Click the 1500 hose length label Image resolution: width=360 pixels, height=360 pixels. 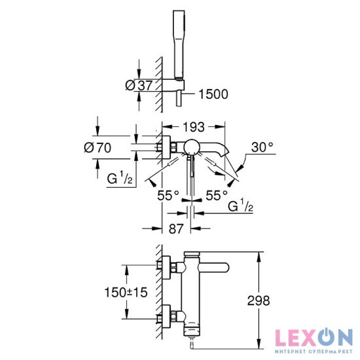tap(213, 94)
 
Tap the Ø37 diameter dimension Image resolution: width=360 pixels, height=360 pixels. tap(139, 85)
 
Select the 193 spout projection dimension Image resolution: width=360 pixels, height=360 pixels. tap(194, 127)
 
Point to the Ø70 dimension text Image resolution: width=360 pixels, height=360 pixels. tap(98, 147)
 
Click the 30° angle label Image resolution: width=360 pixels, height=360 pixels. tap(262, 147)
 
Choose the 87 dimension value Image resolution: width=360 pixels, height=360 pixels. tap(176, 228)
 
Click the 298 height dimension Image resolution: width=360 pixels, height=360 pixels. tap(259, 300)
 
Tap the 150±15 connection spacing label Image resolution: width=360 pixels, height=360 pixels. tap(126, 293)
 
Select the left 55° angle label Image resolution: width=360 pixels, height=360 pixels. tap(168, 196)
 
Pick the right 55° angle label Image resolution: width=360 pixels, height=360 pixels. tap(217, 196)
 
